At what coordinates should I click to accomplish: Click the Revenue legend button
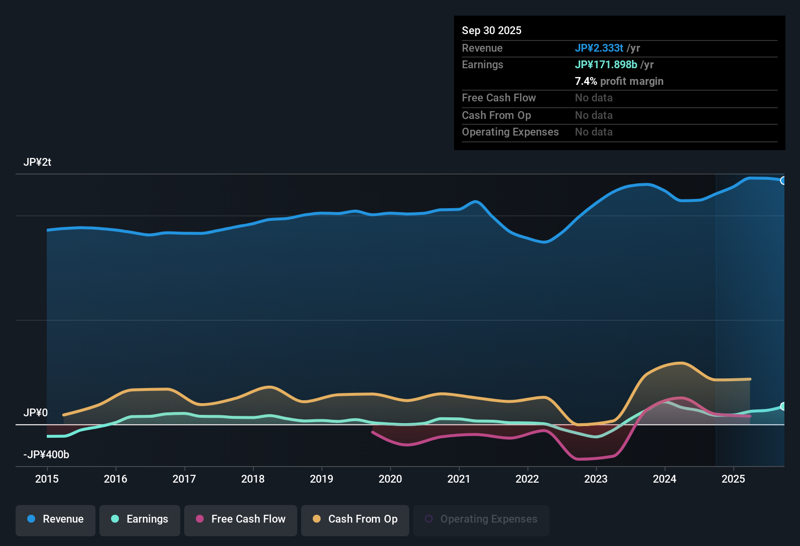tap(56, 519)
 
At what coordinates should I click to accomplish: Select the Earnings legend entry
tap(140, 519)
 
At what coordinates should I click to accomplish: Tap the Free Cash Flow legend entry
tap(241, 519)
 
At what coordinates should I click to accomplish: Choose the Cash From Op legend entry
tap(355, 519)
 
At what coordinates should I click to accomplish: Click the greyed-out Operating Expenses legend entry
tap(481, 519)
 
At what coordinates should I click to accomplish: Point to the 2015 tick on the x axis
tap(47, 479)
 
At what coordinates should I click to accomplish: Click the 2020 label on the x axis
tap(390, 479)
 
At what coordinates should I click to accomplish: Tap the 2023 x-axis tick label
tap(596, 479)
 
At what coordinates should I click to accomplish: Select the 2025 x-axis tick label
tap(733, 479)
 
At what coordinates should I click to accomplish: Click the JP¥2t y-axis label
tap(38, 162)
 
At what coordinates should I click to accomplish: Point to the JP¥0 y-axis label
tap(36, 413)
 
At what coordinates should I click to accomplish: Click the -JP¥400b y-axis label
tap(46, 455)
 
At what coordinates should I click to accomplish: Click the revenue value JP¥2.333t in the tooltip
tap(599, 48)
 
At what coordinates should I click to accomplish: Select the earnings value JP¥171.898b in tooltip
tap(606, 64)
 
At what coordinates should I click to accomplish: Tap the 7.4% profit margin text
tap(619, 81)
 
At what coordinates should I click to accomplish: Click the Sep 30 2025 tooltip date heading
tap(492, 30)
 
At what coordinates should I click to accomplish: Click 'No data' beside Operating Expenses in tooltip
tap(593, 132)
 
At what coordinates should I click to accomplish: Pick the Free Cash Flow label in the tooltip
tap(498, 98)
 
